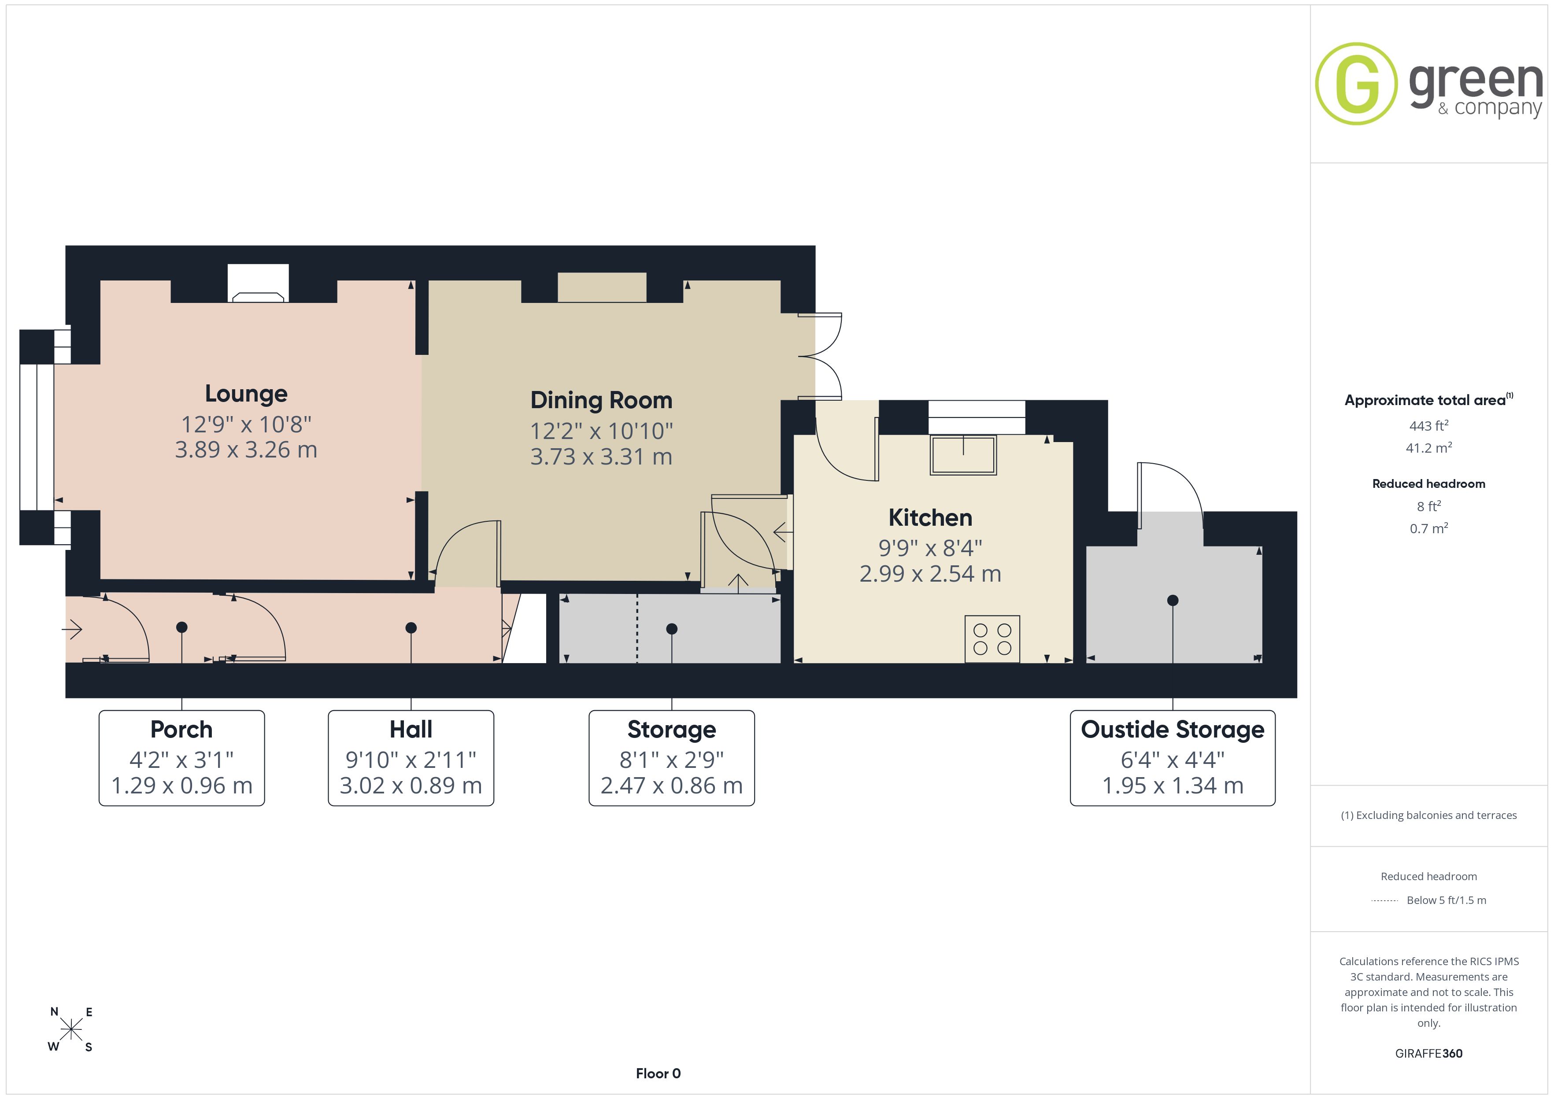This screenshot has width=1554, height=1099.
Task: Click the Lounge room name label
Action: click(246, 394)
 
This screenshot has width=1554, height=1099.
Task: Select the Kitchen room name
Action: click(930, 518)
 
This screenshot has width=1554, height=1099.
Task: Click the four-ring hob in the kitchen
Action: click(992, 639)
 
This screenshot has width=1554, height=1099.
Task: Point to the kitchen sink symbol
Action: click(963, 455)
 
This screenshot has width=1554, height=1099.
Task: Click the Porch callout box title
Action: click(181, 730)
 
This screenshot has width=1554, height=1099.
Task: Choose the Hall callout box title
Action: click(411, 730)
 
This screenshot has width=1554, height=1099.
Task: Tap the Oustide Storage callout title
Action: click(1172, 730)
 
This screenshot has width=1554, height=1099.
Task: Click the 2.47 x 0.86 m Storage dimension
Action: click(671, 786)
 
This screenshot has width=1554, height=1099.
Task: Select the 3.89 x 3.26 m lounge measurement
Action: click(246, 450)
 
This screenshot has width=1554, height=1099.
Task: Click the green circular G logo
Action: click(1356, 84)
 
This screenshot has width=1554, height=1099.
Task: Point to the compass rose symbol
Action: click(70, 1030)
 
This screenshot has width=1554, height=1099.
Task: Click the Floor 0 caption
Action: click(658, 1073)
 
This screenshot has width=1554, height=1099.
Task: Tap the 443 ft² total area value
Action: click(1429, 426)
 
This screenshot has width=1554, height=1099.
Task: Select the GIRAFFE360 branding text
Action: click(1429, 1054)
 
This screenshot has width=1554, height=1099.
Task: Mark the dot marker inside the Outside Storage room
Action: click(1173, 600)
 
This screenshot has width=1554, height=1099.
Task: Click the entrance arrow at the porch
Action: click(72, 629)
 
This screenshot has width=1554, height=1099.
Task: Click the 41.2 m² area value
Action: click(1429, 448)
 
